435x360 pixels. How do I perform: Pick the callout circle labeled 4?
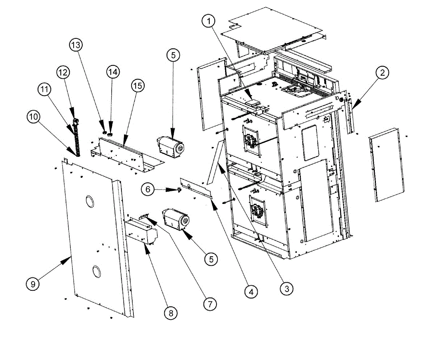(251, 291)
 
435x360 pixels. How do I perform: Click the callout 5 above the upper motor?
(173, 56)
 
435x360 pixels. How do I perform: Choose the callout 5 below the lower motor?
(211, 258)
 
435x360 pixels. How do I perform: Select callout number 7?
(210, 303)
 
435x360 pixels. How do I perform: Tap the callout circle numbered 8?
(171, 312)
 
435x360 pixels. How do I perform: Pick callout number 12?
(63, 73)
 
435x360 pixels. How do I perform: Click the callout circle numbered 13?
(76, 45)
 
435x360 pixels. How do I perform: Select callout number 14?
(113, 72)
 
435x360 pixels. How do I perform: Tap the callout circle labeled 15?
(137, 86)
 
